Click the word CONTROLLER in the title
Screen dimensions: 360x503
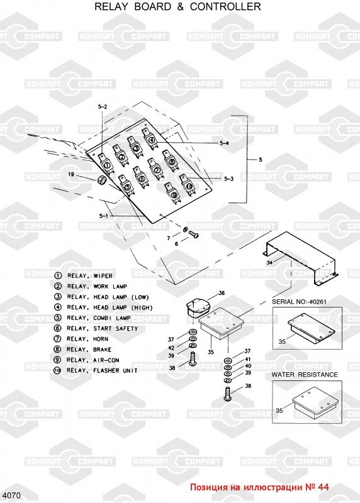pyautogui.click(x=225, y=6)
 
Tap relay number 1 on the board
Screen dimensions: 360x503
pyautogui.click(x=106, y=163)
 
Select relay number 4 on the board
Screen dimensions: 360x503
pyautogui.click(x=152, y=138)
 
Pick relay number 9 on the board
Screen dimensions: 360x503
pyautogui.click(x=174, y=193)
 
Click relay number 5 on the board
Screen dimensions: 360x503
pyautogui.click(x=127, y=185)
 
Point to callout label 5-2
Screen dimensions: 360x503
pyautogui.click(x=103, y=107)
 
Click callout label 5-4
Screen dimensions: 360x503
pyautogui.click(x=224, y=143)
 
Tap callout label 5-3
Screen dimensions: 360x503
pyautogui.click(x=228, y=179)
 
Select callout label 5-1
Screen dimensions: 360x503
pyautogui.click(x=103, y=216)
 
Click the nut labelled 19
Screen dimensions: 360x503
pyautogui.click(x=101, y=180)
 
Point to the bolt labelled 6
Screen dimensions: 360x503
pyautogui.click(x=194, y=235)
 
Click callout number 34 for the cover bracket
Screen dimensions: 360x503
pyautogui.click(x=269, y=263)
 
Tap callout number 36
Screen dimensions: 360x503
pyautogui.click(x=222, y=293)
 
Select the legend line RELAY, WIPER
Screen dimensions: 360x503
pyautogui.click(x=84, y=276)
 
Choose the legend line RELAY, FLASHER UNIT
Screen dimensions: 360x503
pyautogui.click(x=96, y=370)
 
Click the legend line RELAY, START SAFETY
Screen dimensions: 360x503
pyautogui.click(x=96, y=328)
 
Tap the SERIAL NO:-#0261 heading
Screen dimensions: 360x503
pyautogui.click(x=300, y=302)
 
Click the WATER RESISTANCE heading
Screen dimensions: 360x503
pyautogui.click(x=305, y=375)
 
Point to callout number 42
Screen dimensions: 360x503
pyautogui.click(x=171, y=348)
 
